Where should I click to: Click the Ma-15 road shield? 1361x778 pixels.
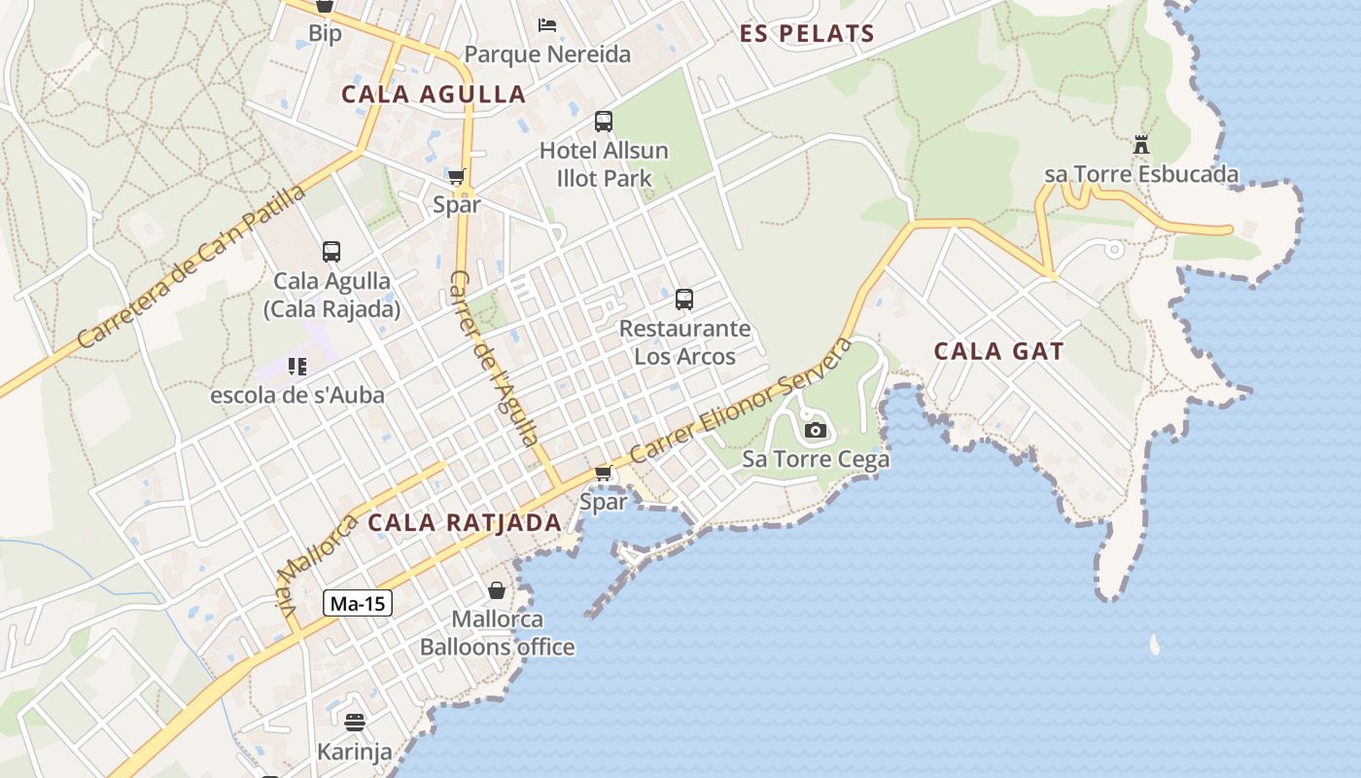point(357,603)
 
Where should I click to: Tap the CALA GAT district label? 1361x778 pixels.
point(998,351)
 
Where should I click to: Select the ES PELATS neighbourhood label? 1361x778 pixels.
point(807,34)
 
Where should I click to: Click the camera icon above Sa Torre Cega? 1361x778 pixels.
point(816,430)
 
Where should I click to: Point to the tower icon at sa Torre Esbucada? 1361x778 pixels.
point(1141,146)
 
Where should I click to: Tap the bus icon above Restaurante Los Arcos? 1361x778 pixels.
point(684,300)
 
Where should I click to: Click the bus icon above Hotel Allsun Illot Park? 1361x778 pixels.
point(604,122)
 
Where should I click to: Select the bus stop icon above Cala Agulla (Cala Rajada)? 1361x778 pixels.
point(332,252)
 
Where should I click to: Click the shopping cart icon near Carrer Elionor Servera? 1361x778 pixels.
point(603,474)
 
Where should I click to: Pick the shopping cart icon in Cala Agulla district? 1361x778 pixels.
point(456,177)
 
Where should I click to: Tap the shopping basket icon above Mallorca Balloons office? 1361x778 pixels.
point(497,590)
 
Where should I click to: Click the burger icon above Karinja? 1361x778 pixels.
point(354,723)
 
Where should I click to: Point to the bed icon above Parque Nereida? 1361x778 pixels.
point(547,24)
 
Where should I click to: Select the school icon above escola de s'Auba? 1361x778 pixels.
point(297,367)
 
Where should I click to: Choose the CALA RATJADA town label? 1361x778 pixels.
point(465,522)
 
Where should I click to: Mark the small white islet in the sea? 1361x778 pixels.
point(1154,644)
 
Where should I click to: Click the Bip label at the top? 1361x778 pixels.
point(325,34)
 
